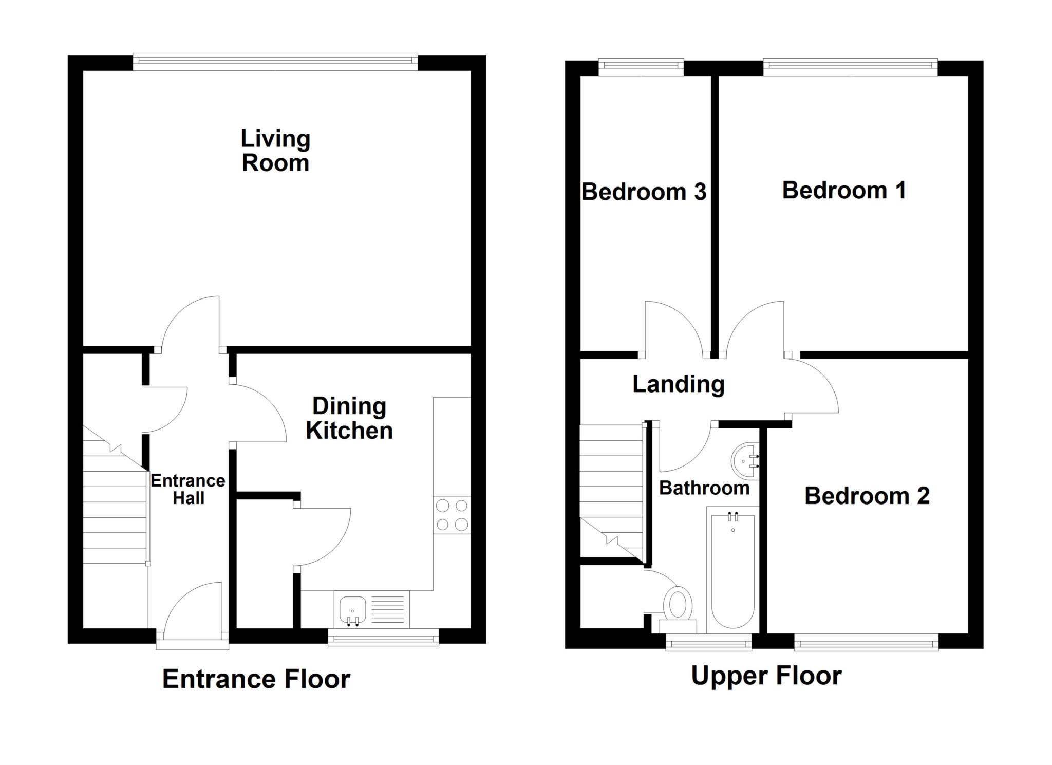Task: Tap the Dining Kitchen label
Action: click(349, 418)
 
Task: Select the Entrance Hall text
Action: click(188, 489)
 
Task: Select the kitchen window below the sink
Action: click(383, 639)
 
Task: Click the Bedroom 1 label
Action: click(843, 191)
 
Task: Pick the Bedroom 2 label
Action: click(867, 496)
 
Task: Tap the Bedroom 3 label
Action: click(644, 192)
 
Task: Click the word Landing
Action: click(678, 384)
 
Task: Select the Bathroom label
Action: click(704, 488)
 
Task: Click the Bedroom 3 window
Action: click(641, 67)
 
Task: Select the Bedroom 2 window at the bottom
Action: click(866, 642)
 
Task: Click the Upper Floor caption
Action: click(766, 676)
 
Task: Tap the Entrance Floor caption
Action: click(256, 679)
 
